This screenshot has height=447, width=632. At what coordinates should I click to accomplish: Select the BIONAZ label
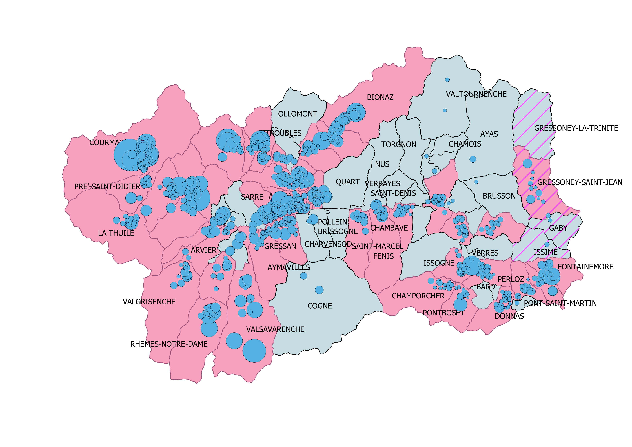pyautogui.click(x=380, y=98)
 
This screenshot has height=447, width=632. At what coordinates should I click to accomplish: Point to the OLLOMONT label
pyautogui.click(x=297, y=114)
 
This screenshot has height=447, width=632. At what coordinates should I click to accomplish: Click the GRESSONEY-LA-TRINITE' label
pyautogui.click(x=577, y=128)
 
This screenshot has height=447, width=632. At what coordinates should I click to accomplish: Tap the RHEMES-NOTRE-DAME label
pyautogui.click(x=169, y=344)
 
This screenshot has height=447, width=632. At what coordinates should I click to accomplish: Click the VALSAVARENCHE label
pyautogui.click(x=275, y=329)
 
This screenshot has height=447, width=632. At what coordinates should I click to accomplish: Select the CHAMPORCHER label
pyautogui.click(x=418, y=296)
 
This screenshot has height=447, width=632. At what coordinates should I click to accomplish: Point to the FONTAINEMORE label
pyautogui.click(x=586, y=267)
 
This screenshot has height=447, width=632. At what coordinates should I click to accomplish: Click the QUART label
pyautogui.click(x=348, y=182)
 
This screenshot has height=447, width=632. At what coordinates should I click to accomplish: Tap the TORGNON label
pyautogui.click(x=399, y=145)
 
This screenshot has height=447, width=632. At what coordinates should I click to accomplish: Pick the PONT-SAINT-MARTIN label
pyautogui.click(x=560, y=303)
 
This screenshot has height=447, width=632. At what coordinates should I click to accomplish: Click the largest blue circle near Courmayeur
pyautogui.click(x=129, y=155)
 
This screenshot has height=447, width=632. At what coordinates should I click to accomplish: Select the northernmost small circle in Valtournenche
pyautogui.click(x=447, y=80)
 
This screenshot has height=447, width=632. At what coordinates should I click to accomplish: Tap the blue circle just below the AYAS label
pyautogui.click(x=473, y=159)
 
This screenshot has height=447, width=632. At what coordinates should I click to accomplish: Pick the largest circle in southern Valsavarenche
pyautogui.click(x=254, y=351)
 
